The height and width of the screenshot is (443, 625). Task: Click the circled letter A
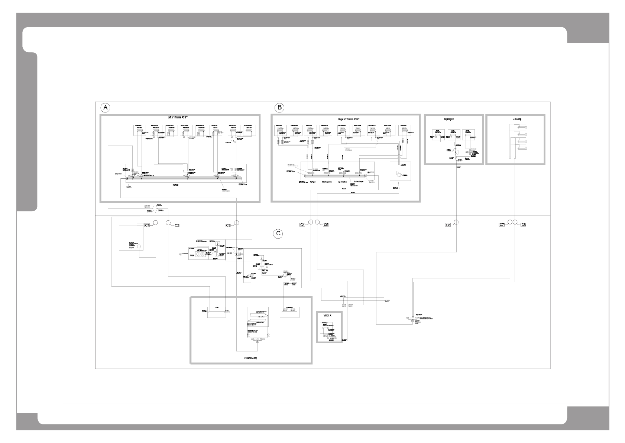[x=106, y=108]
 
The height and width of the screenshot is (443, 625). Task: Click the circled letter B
[x=279, y=108]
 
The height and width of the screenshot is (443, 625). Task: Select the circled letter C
[x=278, y=234]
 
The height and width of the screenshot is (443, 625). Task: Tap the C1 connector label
[x=147, y=225]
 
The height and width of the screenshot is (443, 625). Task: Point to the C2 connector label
[x=177, y=225]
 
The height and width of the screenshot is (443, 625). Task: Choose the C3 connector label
[x=229, y=225]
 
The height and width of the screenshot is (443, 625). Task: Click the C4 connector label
[x=303, y=225]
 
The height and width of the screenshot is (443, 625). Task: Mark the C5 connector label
[x=326, y=225]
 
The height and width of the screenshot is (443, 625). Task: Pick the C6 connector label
[x=448, y=225]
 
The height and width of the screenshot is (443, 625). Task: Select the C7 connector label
[x=502, y=225]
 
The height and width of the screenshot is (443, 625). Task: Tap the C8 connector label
[x=524, y=225]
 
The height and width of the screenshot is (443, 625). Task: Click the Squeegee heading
[x=454, y=119]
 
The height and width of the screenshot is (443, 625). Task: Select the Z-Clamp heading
[x=515, y=119]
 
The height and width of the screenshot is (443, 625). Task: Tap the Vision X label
[x=327, y=315]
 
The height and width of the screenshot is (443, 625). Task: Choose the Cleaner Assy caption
[x=250, y=358]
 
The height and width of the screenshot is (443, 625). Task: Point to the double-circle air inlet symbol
[x=181, y=255]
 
